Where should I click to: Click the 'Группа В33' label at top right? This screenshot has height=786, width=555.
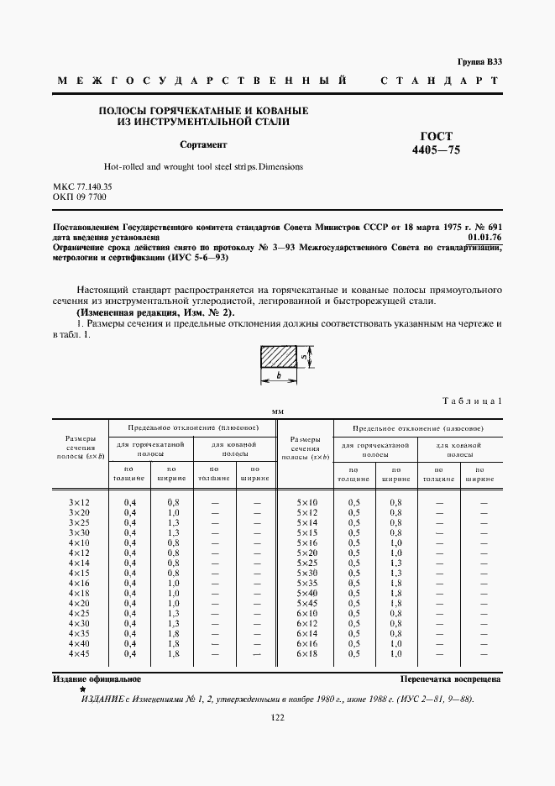[x=479, y=62]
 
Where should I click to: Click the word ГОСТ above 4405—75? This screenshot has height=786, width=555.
[x=436, y=136]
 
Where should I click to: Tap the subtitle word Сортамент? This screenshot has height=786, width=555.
[x=203, y=144]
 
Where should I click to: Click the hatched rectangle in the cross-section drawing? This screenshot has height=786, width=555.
[x=278, y=358]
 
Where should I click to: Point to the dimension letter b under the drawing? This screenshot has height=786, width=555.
[x=278, y=378]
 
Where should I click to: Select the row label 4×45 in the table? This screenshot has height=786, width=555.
[x=79, y=653]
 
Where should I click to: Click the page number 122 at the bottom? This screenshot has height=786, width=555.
[x=278, y=717]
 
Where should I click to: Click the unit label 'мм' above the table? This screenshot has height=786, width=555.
[x=278, y=411]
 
